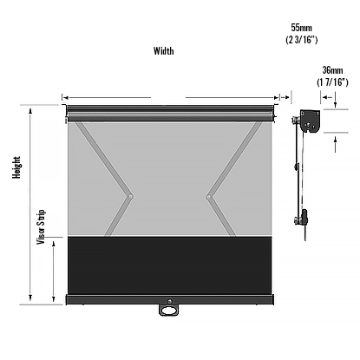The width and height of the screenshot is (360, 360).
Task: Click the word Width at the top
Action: pos(163,51)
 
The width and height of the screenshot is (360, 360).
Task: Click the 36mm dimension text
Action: pos(332,70)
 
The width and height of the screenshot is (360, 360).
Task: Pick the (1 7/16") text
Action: pos(332,82)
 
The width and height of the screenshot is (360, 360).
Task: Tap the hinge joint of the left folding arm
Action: pos(130,198)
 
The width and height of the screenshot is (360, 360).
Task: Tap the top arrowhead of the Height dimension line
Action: pos(31,111)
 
